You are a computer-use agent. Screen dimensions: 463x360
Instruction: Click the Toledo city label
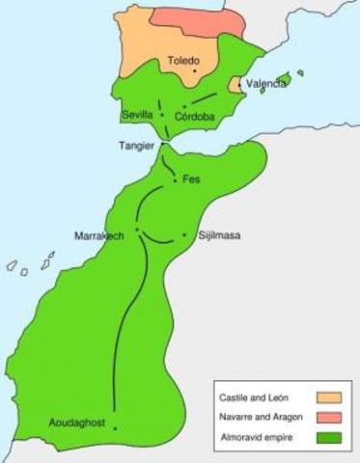pyautogui.click(x=183, y=60)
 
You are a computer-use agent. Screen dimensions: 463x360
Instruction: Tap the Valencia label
pyautogui.click(x=265, y=84)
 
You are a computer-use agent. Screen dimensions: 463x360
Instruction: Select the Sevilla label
pyautogui.click(x=137, y=116)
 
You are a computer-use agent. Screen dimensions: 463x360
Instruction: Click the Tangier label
pyautogui.click(x=136, y=147)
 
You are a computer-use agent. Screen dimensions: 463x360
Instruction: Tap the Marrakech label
pyautogui.click(x=99, y=235)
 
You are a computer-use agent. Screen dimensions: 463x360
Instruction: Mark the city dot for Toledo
pyautogui.click(x=195, y=70)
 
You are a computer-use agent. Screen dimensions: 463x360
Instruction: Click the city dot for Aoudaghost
pyautogui.click(x=115, y=428)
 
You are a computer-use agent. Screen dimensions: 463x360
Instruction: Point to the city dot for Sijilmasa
pyautogui.click(x=184, y=234)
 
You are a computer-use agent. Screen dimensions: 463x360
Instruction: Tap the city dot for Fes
pyautogui.click(x=174, y=180)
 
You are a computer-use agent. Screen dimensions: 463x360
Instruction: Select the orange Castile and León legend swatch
pyautogui.click(x=329, y=396)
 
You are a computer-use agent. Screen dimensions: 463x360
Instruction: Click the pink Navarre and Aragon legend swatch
pyautogui.click(x=329, y=416)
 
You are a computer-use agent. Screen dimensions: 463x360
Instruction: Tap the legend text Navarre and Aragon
pyautogui.click(x=261, y=416)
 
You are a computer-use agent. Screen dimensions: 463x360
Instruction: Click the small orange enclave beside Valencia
pyautogui.click(x=232, y=86)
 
